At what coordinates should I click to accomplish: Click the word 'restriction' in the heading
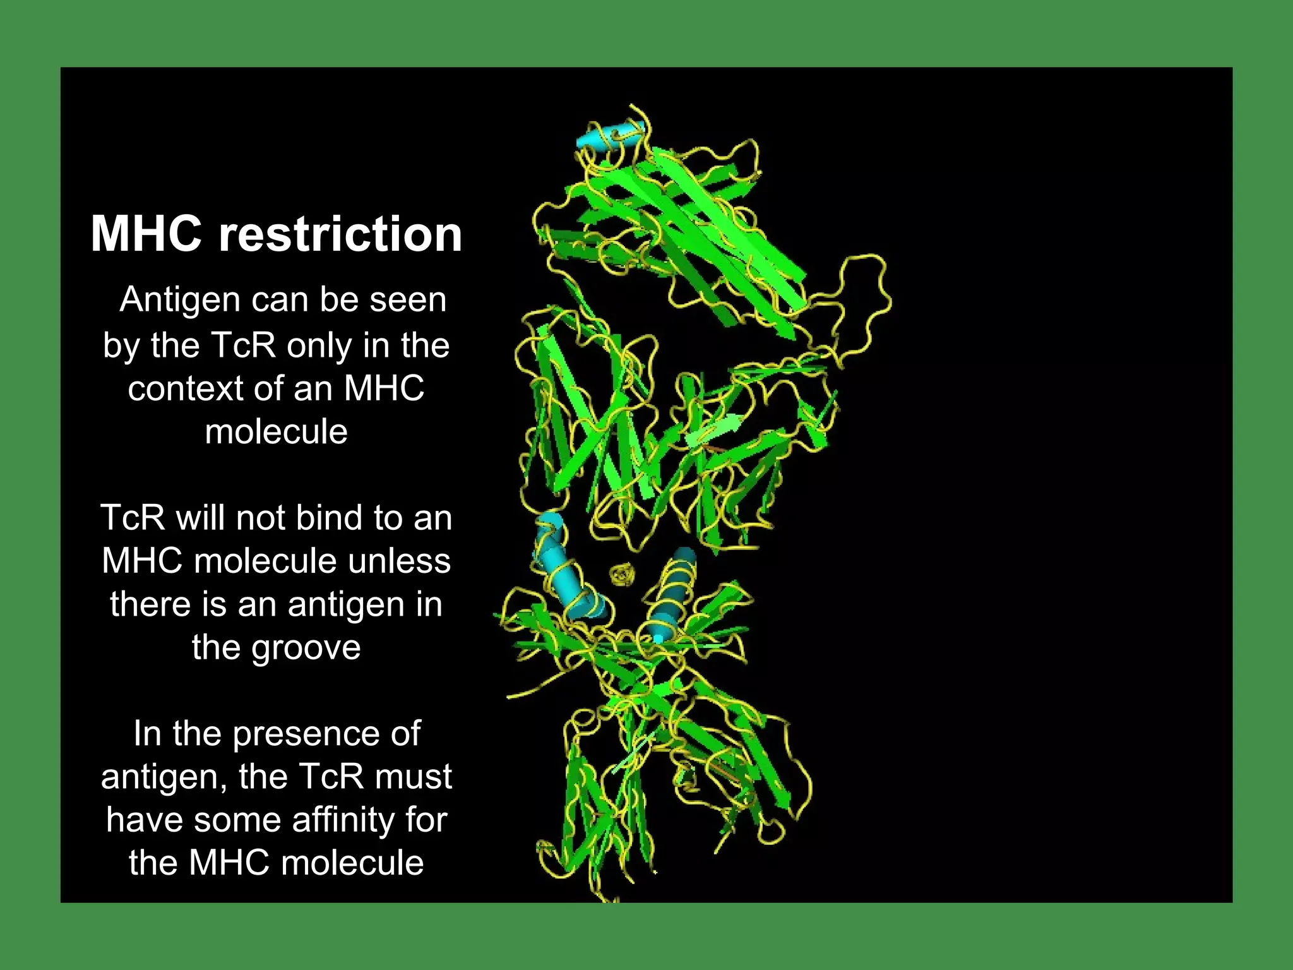click(x=340, y=234)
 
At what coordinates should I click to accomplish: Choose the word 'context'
click(x=185, y=388)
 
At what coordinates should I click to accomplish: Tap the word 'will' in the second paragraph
click(x=200, y=518)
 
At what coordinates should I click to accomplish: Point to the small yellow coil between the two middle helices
click(x=623, y=575)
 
